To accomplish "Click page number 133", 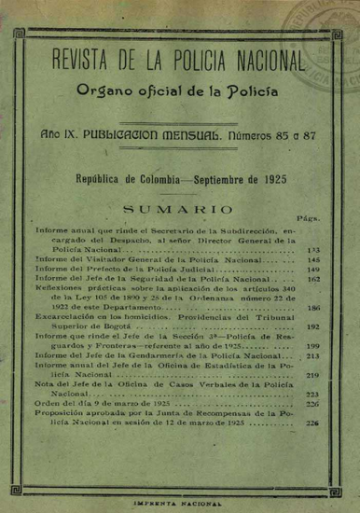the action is (x=312, y=251).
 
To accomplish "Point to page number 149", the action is (x=312, y=269).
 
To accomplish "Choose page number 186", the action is (x=312, y=307).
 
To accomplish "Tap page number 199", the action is (x=312, y=345).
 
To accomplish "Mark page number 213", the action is (x=312, y=355).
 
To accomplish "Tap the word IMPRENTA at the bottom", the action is (x=156, y=503).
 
